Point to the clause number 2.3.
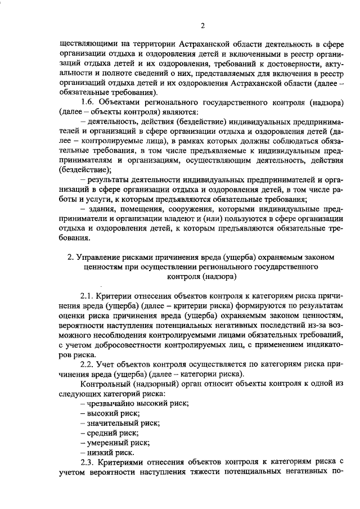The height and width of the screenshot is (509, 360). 88,461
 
